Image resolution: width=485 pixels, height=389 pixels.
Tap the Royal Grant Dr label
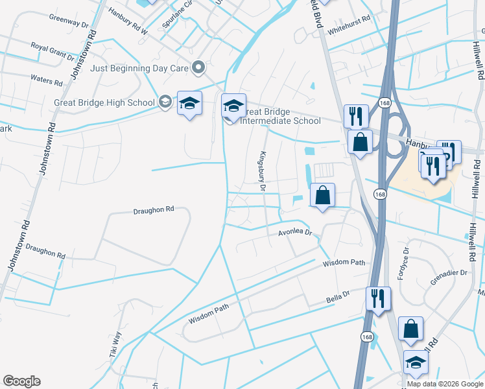(x=53, y=51)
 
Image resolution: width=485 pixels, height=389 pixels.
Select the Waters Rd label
(x=46, y=80)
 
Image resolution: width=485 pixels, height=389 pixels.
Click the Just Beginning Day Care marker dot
(x=199, y=67)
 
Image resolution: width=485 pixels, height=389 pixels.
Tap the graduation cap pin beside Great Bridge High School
(x=189, y=104)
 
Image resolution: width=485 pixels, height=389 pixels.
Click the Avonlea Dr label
(x=296, y=232)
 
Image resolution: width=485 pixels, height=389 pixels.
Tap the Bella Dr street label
(x=338, y=298)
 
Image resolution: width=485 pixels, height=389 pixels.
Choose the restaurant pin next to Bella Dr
(x=378, y=299)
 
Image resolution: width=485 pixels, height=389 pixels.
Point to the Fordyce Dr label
(x=405, y=259)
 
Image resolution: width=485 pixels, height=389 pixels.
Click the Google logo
(x=21, y=381)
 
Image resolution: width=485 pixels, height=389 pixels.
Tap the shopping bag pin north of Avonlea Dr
(x=322, y=196)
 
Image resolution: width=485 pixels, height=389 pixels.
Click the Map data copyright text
(x=444, y=384)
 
